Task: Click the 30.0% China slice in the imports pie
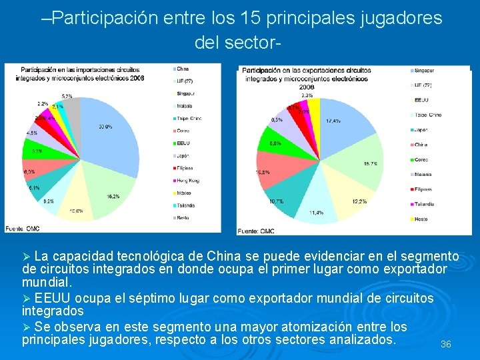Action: pos(110,137)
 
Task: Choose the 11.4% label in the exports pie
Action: pos(316,213)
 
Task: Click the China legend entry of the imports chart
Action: pos(183,69)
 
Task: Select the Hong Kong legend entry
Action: pos(188,181)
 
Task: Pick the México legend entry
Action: pos(184,193)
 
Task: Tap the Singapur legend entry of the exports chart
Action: pos(424,70)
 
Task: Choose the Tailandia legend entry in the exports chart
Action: pos(424,204)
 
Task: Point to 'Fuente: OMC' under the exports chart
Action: pos(256,231)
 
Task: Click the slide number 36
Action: pos(446,345)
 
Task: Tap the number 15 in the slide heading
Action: pos(273,18)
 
